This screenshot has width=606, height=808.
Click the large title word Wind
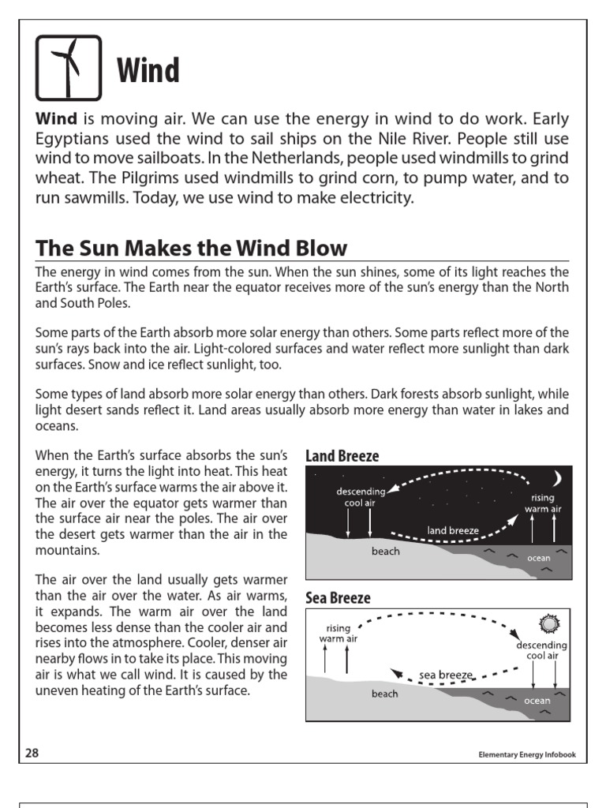coord(148,71)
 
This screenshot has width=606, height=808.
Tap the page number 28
coord(32,753)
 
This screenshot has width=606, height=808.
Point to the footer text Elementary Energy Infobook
coord(527,754)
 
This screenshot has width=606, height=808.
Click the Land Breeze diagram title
coord(342,456)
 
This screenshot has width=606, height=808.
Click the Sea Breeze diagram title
coord(338,598)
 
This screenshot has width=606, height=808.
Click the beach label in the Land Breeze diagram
coord(386,552)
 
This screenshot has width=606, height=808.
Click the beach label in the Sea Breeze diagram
coord(386,694)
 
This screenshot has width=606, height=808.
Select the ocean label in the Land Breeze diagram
coord(539,558)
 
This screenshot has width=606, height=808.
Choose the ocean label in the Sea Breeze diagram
coord(537,700)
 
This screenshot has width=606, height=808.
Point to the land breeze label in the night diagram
coord(453,530)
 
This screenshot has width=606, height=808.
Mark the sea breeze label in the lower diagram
coord(446,675)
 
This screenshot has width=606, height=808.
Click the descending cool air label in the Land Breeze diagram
coord(361,497)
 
